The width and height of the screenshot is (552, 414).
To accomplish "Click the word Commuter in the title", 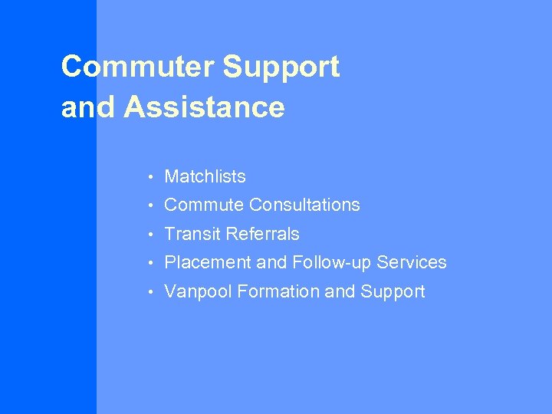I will (138, 67).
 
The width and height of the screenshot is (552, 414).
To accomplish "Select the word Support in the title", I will (281, 67).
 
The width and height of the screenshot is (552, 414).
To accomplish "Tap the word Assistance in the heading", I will (204, 107).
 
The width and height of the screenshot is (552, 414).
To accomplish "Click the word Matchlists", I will (205, 176).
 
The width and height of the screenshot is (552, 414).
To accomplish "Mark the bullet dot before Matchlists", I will (153, 177).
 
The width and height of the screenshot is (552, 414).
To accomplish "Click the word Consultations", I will (304, 205).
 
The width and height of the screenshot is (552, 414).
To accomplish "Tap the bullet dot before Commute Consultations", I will (153, 205).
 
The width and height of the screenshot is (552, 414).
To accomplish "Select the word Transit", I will (192, 234).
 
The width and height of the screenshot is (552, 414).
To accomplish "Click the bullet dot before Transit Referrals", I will (153, 235).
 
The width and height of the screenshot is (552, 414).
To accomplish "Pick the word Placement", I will (207, 262).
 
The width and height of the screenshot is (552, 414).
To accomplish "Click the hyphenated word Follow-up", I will (328, 262).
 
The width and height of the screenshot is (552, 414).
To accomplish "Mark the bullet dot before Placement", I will (153, 263).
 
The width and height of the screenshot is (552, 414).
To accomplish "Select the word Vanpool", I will (196, 291).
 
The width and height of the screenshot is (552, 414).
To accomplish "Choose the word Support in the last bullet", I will (393, 291).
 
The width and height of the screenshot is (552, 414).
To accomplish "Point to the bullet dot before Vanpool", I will (153, 292).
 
